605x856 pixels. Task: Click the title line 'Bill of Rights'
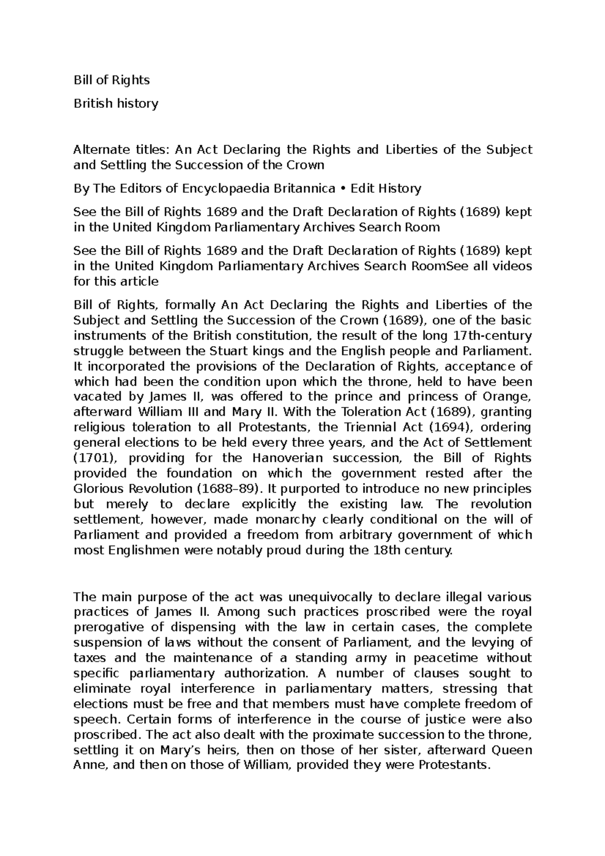coord(111,80)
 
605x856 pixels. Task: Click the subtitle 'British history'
coord(116,103)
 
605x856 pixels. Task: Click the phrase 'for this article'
coord(116,281)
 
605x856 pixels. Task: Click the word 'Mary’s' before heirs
coord(183,750)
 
